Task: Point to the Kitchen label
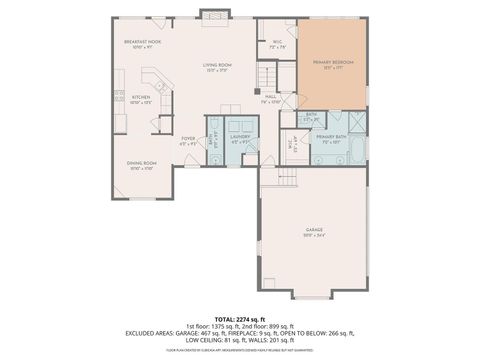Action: point(141,99)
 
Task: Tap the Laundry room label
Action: point(239,138)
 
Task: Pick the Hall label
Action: point(271,99)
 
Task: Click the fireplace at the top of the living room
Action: point(212,14)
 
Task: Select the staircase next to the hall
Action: point(266,75)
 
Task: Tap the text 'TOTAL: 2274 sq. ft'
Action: point(239,318)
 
